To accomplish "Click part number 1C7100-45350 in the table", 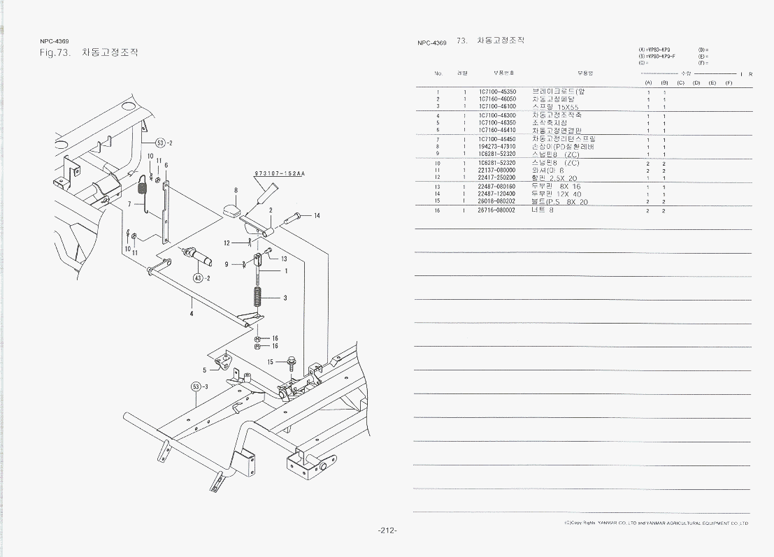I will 497,92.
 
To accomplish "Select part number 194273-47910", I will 497,146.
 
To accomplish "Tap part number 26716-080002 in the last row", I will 497,210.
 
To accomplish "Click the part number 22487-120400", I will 497,194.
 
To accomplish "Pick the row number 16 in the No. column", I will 438,210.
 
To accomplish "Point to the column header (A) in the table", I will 648,83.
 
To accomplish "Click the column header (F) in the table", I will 728,83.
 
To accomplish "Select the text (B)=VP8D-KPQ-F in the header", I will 657,55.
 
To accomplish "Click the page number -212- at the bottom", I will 387,530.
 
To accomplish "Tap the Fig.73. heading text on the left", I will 56,53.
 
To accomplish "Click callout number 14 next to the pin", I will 317,215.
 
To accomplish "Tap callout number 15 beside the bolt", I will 270,362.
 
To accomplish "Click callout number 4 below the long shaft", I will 192,312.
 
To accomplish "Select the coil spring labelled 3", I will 259,297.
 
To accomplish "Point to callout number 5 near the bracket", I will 205,370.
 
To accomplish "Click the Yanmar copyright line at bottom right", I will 656,523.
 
